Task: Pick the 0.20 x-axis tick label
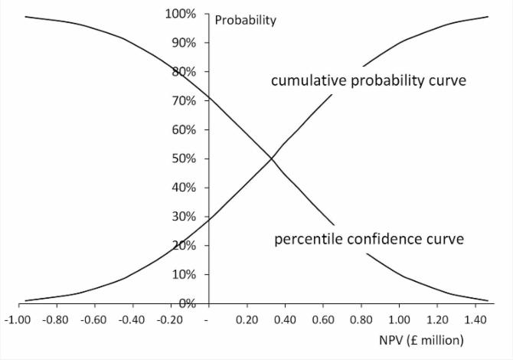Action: pyautogui.click(x=246, y=318)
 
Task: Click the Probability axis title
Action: pyautogui.click(x=245, y=21)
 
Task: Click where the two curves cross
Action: pyautogui.click(x=270, y=159)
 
